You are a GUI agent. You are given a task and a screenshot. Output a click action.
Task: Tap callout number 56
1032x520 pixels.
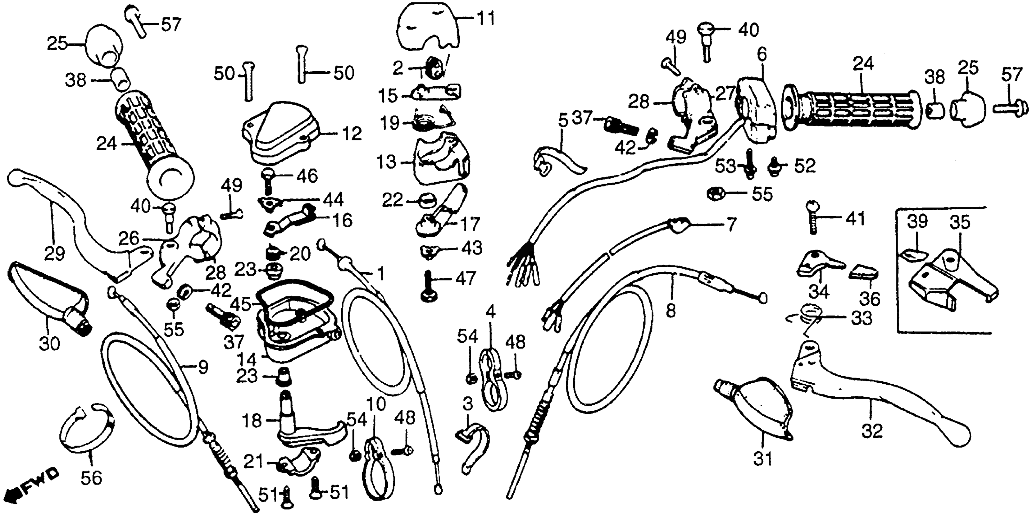91,477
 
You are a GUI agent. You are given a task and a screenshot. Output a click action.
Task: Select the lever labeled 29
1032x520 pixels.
80,224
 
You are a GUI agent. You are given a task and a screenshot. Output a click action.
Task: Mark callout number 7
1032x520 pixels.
731,225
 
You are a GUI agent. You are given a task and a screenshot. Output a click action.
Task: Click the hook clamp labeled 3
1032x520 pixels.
475,448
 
